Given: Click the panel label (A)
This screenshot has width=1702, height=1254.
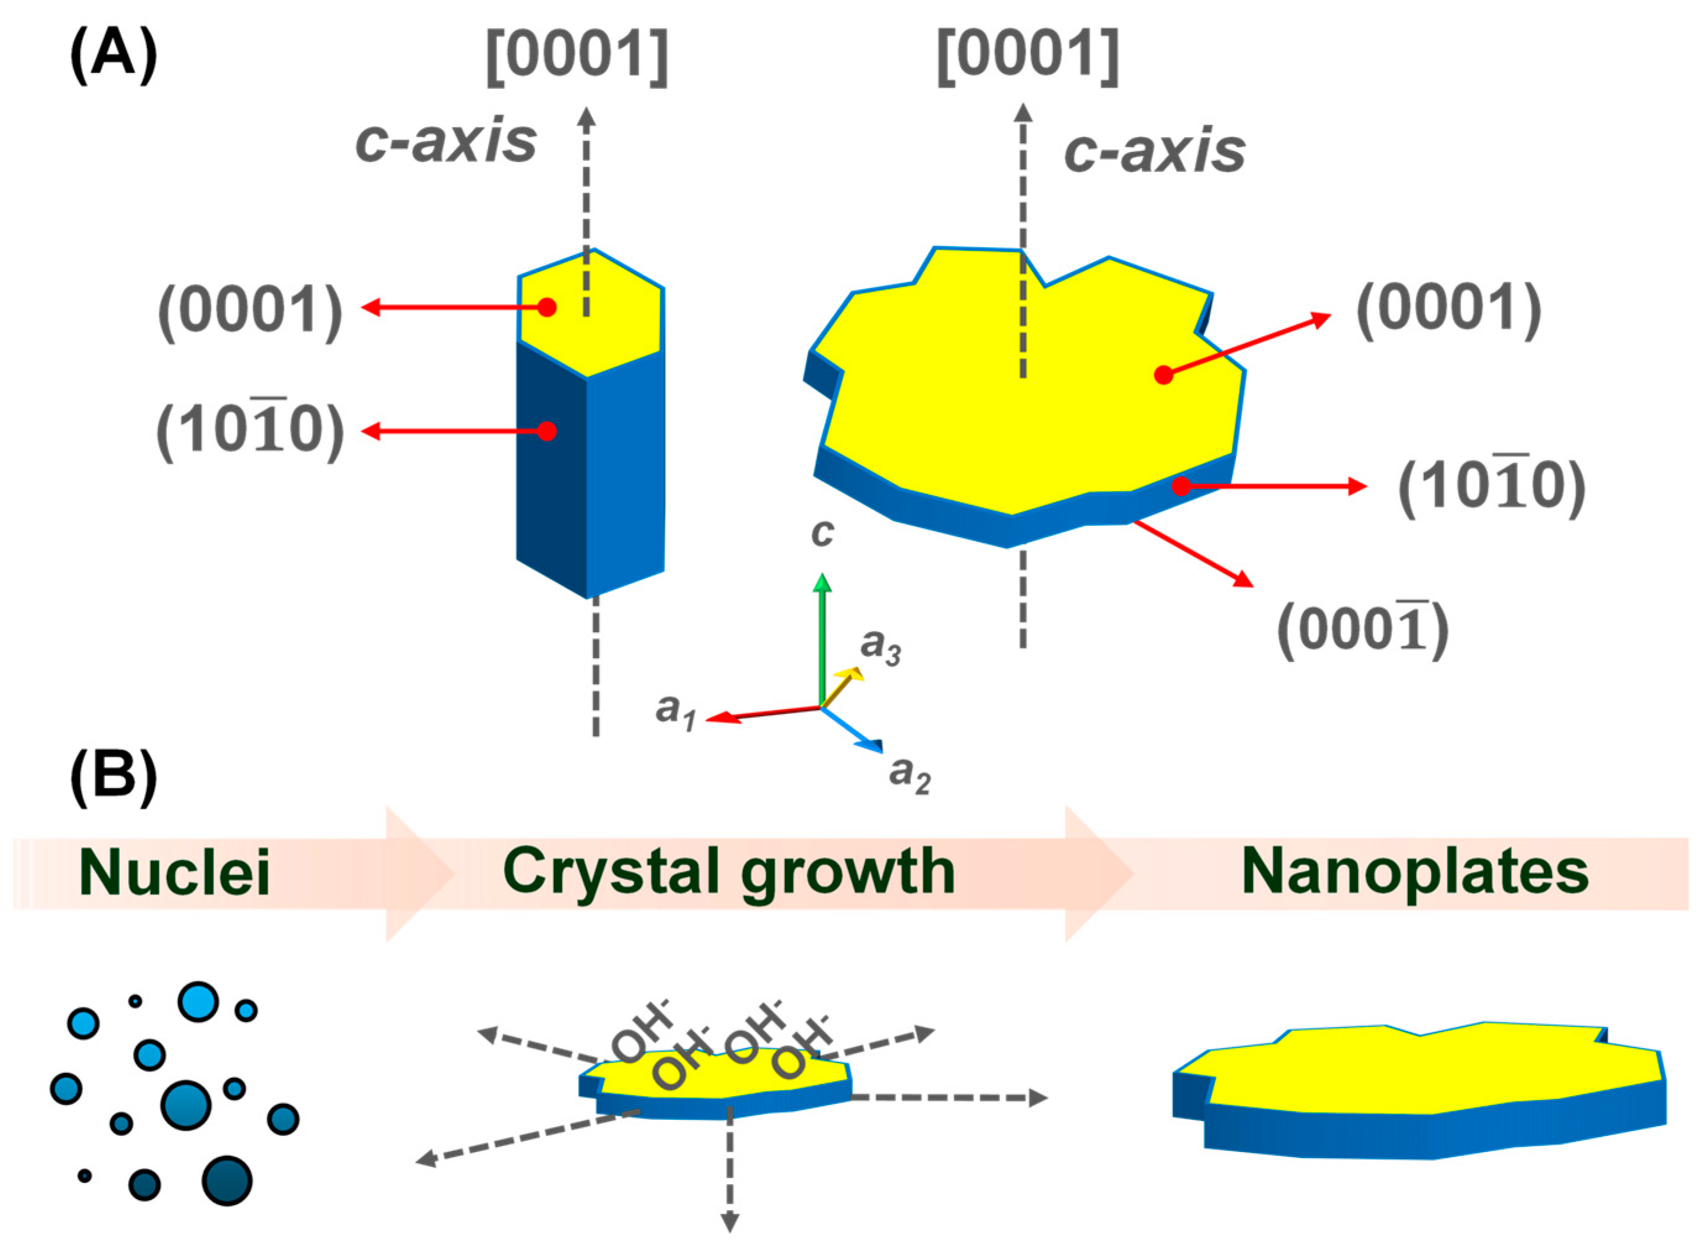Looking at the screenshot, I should point(114,57).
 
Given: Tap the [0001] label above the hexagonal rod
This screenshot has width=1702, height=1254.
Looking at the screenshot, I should point(577,57).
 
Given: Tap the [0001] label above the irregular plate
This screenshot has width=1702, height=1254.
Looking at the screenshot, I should point(1027,57).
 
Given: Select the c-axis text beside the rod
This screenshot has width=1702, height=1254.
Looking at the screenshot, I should point(446,143).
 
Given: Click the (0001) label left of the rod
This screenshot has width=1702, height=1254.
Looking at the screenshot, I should point(250,310).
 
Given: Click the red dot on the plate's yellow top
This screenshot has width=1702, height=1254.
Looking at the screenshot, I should point(1163,375).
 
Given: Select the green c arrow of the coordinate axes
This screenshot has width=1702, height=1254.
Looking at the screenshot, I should point(821,638).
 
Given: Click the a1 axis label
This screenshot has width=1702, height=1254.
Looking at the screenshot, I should point(675,711).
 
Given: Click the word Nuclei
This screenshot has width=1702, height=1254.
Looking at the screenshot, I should point(175,873).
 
